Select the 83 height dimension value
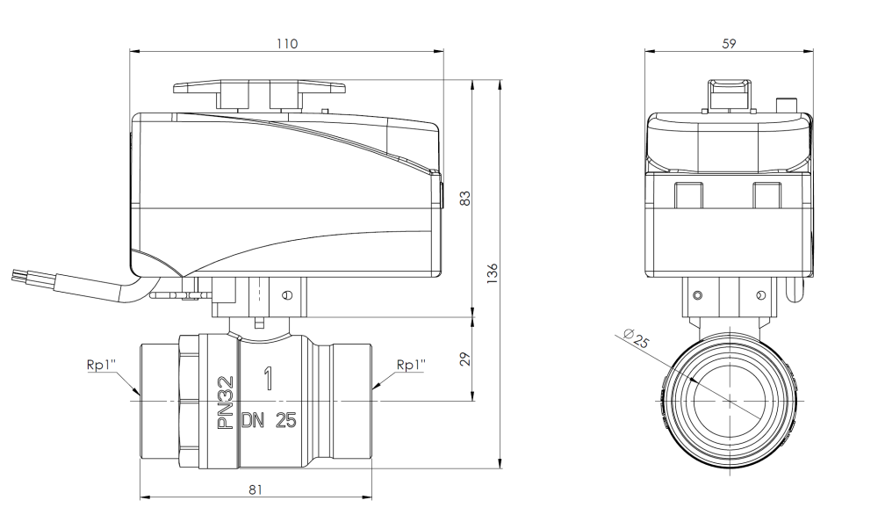point(467,199)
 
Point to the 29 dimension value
point(467,359)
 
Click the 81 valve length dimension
point(255,489)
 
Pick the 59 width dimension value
point(729,43)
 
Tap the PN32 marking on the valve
point(226,403)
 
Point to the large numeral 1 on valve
point(268,381)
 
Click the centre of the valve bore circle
point(728,400)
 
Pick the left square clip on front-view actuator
point(689,195)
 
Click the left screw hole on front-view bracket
point(698,293)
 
